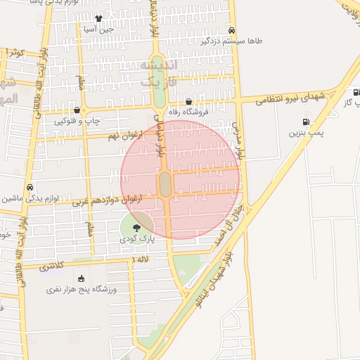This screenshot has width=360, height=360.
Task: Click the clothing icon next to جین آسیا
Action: pos(98,18)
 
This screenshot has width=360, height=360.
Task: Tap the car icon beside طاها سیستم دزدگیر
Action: pos(231,30)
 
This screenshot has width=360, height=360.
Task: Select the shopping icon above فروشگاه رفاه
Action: pos(188,101)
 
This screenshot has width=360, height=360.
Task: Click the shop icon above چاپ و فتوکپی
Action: pos(77,110)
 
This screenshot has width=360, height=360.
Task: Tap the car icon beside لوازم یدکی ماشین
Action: pos(30,188)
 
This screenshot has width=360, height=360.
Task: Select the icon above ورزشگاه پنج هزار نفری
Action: pos(81,278)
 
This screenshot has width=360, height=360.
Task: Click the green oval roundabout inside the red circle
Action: pos(165,185)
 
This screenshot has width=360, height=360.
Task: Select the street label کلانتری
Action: pos(51,266)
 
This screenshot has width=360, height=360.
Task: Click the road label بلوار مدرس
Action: pos(240,138)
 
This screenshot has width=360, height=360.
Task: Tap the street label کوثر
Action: pos(15,53)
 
